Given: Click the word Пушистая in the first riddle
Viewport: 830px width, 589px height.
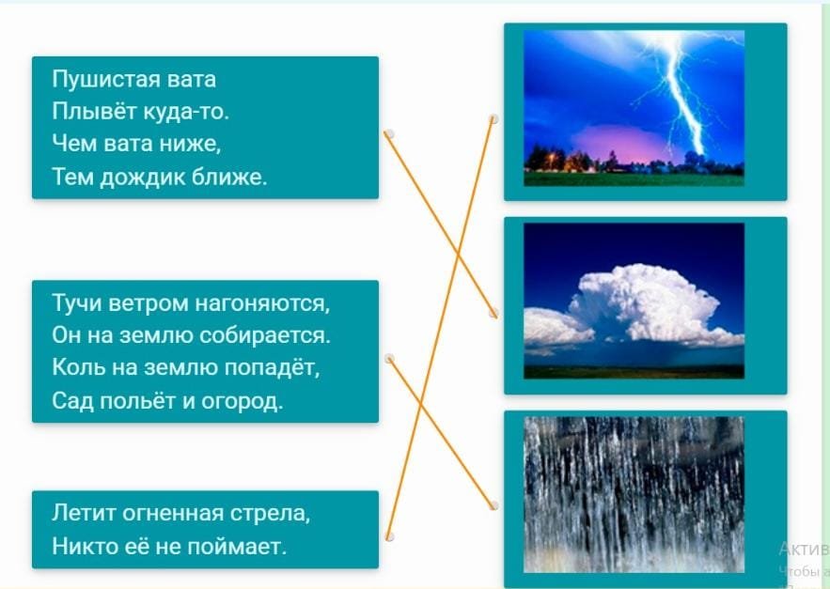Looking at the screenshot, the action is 106,80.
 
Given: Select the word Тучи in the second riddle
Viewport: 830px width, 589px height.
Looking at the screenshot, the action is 76,303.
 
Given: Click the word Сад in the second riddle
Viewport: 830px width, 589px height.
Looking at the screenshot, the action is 72,400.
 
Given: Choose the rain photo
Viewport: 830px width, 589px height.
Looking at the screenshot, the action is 634,494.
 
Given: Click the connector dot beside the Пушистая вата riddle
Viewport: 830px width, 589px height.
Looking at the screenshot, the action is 389,134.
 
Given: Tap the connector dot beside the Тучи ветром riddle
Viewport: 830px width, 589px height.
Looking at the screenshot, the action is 389,358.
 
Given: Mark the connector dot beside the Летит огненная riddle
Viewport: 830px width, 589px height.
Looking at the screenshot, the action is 389,536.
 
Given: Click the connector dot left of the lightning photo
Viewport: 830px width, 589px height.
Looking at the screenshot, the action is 493,119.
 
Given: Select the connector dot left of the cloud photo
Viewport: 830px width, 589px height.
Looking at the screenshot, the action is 493,313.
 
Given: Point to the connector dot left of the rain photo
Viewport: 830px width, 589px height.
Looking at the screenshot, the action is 493,505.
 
